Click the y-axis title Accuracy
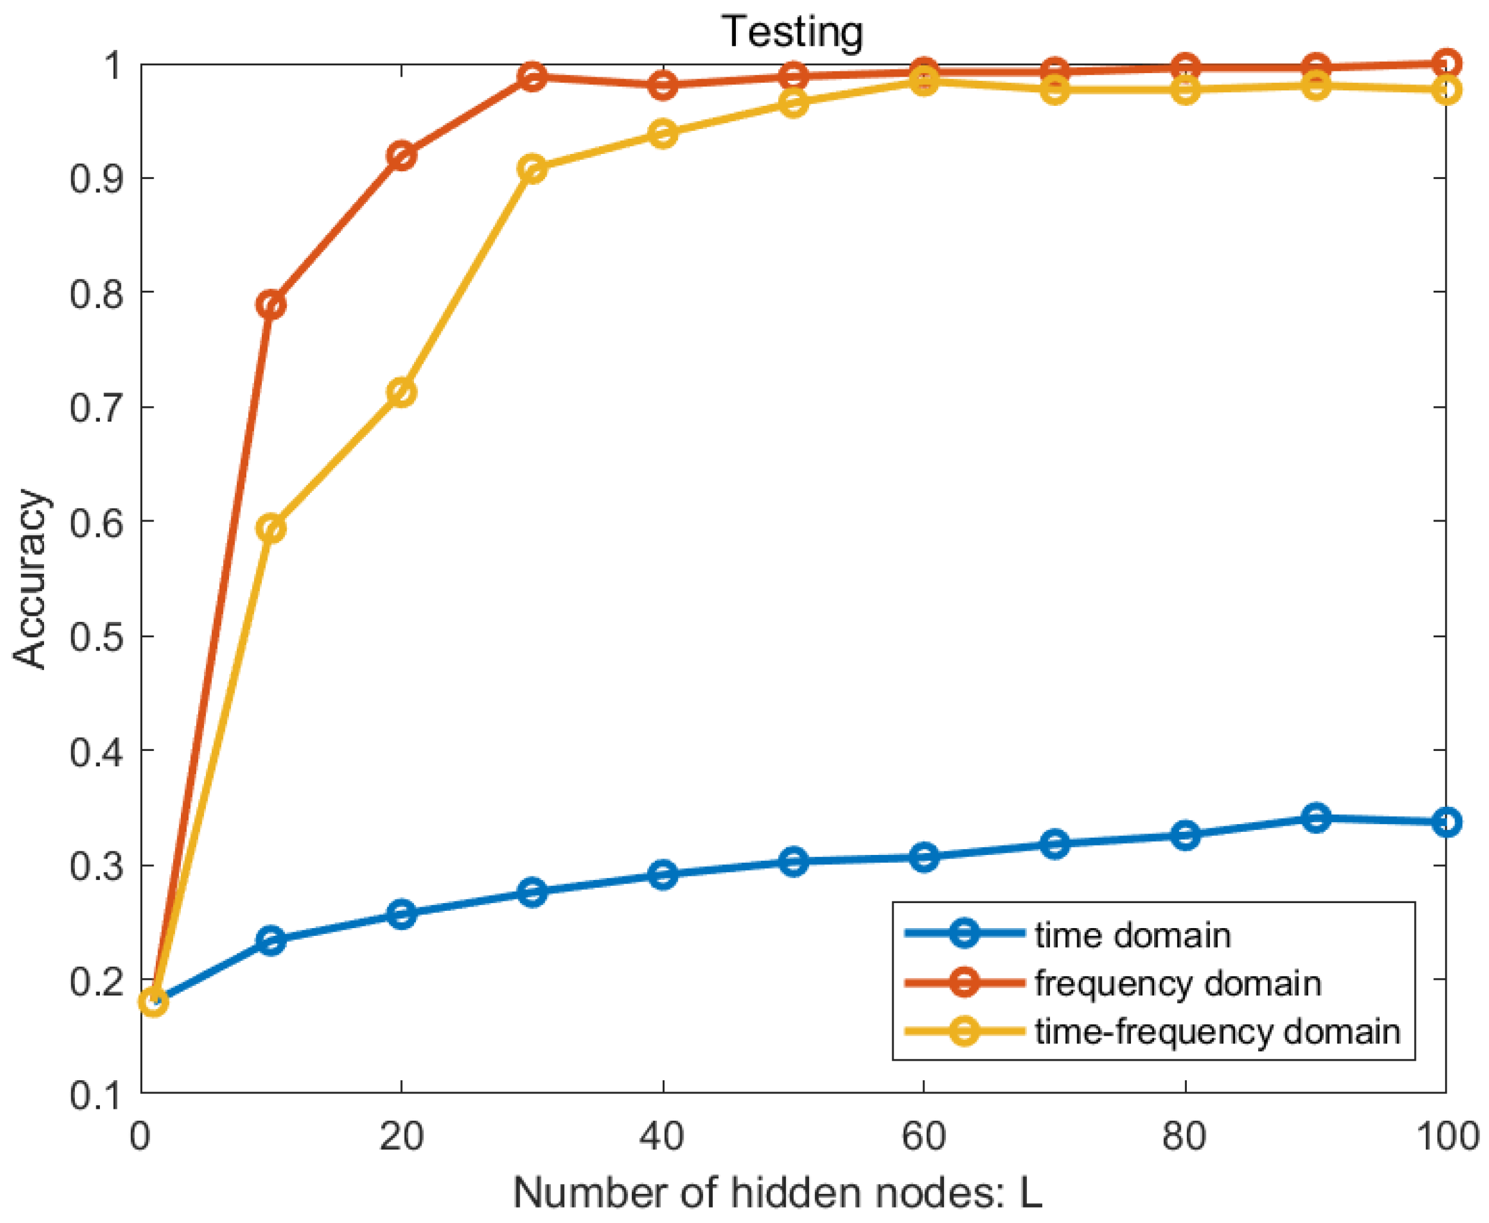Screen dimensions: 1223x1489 pyautogui.click(x=30, y=579)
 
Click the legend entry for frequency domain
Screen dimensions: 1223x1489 pyautogui.click(x=1177, y=983)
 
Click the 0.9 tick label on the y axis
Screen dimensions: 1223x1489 pyautogui.click(x=96, y=178)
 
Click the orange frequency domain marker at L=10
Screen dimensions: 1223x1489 pyautogui.click(x=271, y=305)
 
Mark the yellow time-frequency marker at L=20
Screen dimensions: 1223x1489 pyautogui.click(x=402, y=392)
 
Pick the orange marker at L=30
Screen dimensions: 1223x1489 pyautogui.click(x=533, y=76)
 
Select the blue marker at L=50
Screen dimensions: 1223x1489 pyautogui.click(x=794, y=862)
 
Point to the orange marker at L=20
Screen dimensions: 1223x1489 pyautogui.click(x=402, y=156)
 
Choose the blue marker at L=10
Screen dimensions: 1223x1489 pyautogui.click(x=271, y=941)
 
